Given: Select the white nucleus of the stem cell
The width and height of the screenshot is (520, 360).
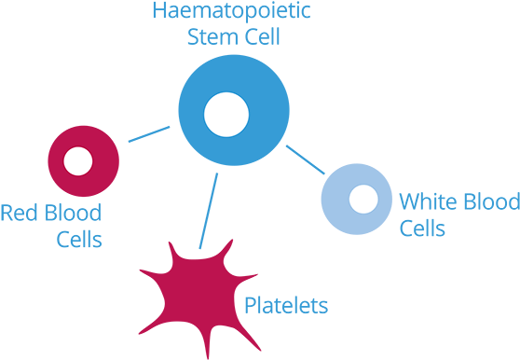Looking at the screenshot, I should (226, 115).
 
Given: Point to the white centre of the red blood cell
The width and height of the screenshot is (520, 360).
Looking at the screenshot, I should (78, 161).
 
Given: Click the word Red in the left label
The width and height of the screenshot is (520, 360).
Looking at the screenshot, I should (17, 213).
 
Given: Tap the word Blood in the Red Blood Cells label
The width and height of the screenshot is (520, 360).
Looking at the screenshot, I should (70, 213).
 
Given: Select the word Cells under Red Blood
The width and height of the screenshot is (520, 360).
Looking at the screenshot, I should (78, 240).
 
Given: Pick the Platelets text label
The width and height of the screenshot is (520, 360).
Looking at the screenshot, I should (286, 305).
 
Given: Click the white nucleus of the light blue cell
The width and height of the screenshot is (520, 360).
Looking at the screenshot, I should (363, 199).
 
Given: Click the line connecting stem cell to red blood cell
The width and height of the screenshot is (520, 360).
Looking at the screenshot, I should (149, 135).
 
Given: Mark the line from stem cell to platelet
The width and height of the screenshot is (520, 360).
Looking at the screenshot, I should (208, 210).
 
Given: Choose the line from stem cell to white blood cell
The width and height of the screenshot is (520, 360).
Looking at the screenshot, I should (306, 159).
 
